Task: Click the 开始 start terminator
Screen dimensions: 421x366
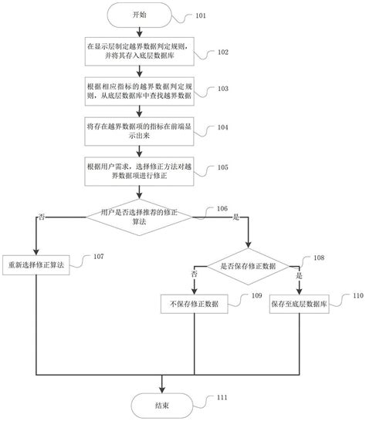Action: tap(137, 15)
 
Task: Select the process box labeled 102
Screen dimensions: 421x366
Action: tap(137, 51)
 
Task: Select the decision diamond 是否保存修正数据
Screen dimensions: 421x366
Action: tap(246, 264)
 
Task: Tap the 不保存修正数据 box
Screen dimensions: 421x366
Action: tap(194, 305)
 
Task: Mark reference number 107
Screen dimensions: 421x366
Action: tap(99, 257)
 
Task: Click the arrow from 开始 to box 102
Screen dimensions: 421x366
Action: tap(137, 32)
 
